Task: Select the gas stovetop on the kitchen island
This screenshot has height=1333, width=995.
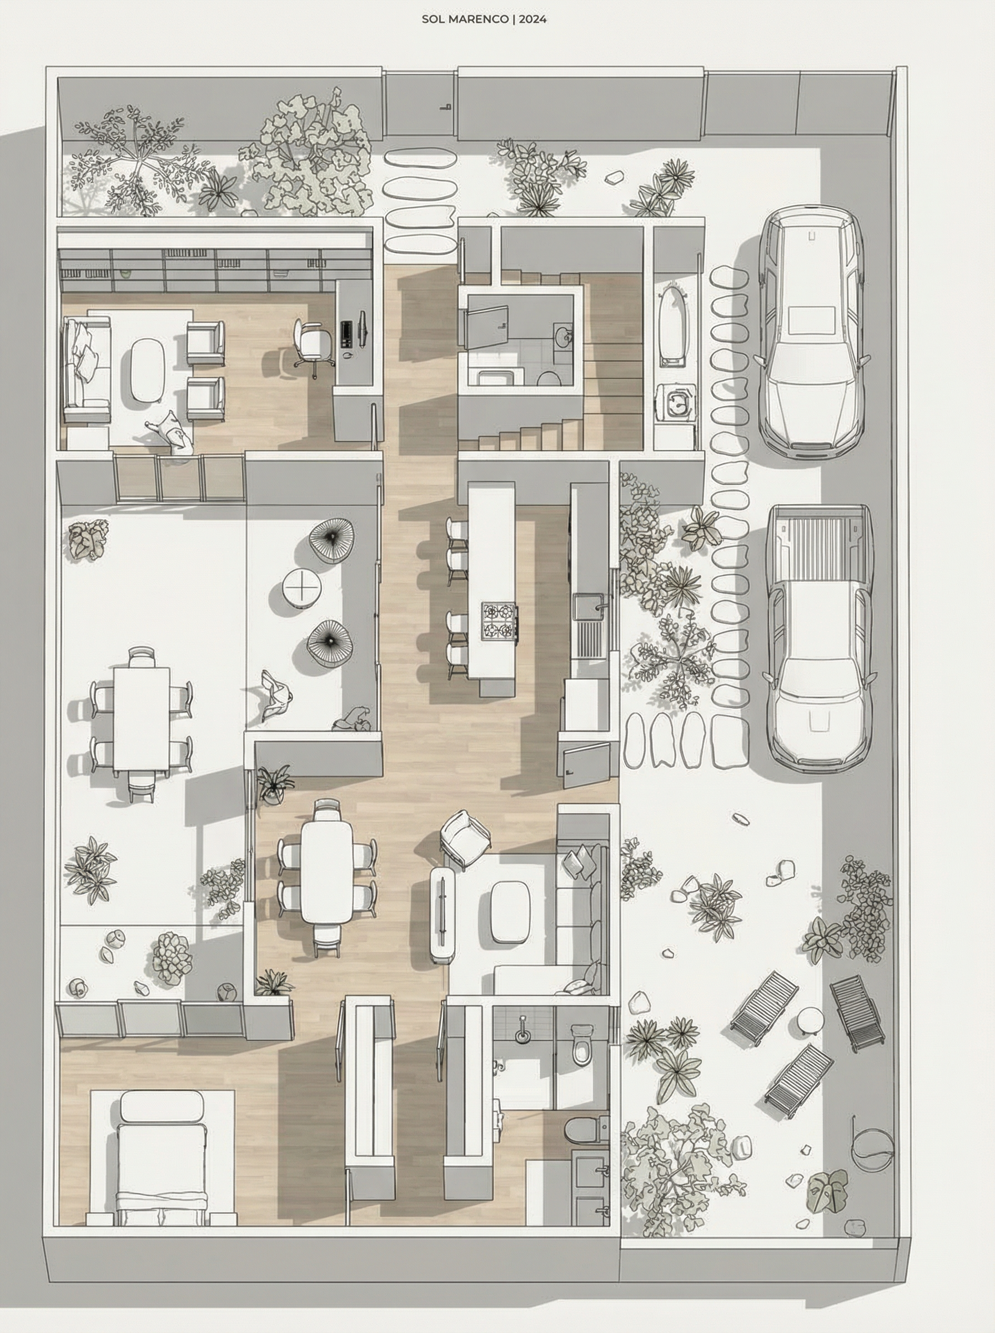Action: point(499,620)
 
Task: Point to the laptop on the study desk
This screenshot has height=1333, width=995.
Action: point(347,334)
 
